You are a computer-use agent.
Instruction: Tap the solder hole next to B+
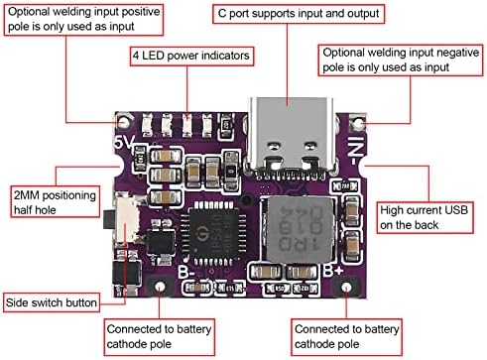(343, 286)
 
